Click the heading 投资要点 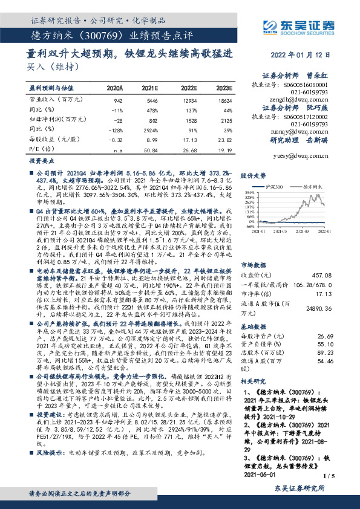(39, 163)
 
